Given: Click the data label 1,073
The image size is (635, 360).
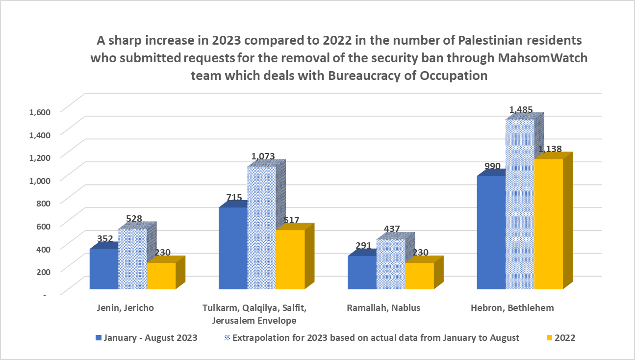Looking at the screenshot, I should click(x=263, y=157).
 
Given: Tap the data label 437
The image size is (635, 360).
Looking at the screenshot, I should click(x=392, y=229).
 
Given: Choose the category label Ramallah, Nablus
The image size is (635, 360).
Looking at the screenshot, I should click(x=383, y=309).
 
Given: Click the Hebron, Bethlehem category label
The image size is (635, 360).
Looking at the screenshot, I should click(x=512, y=309).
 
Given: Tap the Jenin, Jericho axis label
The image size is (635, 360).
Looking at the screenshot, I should click(x=125, y=309).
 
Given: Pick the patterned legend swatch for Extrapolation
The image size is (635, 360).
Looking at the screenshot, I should click(x=228, y=338).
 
